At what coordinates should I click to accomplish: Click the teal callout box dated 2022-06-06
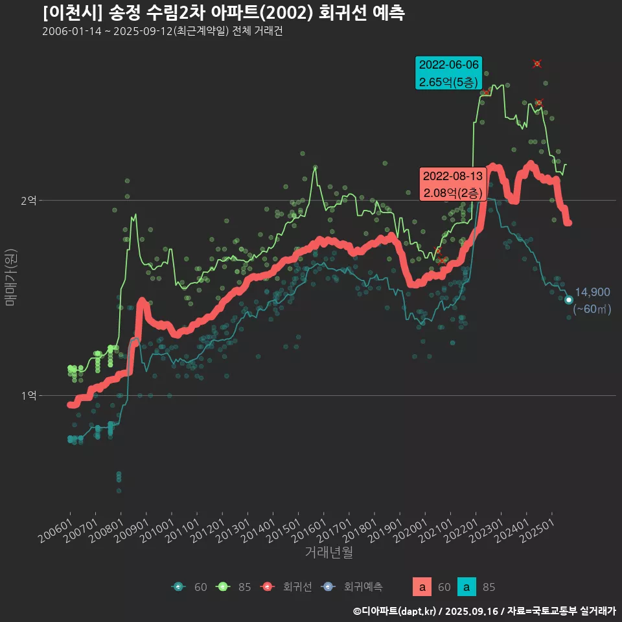(x=448, y=73)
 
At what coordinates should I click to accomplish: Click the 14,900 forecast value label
(x=592, y=292)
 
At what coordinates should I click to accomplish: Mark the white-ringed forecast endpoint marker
(x=568, y=300)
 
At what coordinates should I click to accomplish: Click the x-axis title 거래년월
(x=328, y=553)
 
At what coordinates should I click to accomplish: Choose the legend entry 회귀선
(x=297, y=587)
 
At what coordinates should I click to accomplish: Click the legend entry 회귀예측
(x=363, y=587)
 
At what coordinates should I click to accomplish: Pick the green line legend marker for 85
(x=222, y=587)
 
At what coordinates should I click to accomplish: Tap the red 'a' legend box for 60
(x=422, y=587)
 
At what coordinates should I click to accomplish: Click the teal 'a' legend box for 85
(x=466, y=587)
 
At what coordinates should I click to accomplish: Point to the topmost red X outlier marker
(x=536, y=63)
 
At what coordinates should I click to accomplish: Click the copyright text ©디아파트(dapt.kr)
(x=395, y=611)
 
